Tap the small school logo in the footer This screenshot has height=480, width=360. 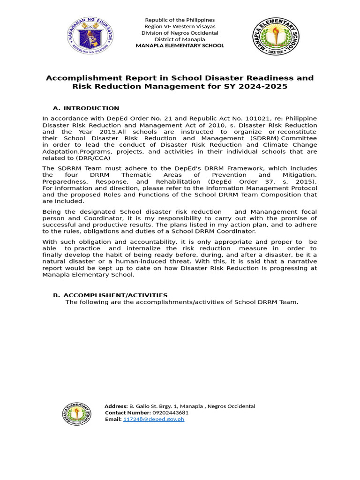tap(77, 413)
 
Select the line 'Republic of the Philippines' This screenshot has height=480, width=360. tap(180, 20)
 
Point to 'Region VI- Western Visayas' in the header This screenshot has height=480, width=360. tap(180, 26)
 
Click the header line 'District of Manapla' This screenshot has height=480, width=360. tap(180, 39)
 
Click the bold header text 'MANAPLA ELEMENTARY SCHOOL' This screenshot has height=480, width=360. tap(180, 46)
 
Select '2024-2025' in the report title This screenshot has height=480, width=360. tap(265, 87)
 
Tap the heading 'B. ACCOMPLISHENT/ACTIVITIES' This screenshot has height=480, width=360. tap(111, 295)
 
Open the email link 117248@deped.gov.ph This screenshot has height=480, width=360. tap(153, 419)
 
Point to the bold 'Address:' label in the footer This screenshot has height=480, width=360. tap(116, 406)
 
